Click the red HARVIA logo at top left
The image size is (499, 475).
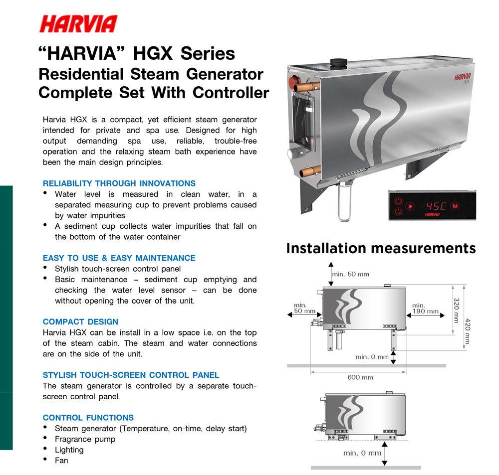pos(78,24)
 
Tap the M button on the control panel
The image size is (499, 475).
pos(455,205)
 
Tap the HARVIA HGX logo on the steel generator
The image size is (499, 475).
pos(462,78)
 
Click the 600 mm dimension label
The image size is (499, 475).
pos(360,377)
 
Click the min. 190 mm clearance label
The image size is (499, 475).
pos(425,309)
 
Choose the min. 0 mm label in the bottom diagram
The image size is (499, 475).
pos(362,453)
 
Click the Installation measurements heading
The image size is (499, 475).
pos(381,248)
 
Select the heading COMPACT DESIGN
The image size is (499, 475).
pos(80,321)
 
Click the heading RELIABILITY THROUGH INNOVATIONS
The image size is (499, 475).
pos(119,183)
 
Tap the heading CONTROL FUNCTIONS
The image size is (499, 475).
pos(88,417)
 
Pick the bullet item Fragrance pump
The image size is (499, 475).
pos(85,439)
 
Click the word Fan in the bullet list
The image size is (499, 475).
pos(61,461)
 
